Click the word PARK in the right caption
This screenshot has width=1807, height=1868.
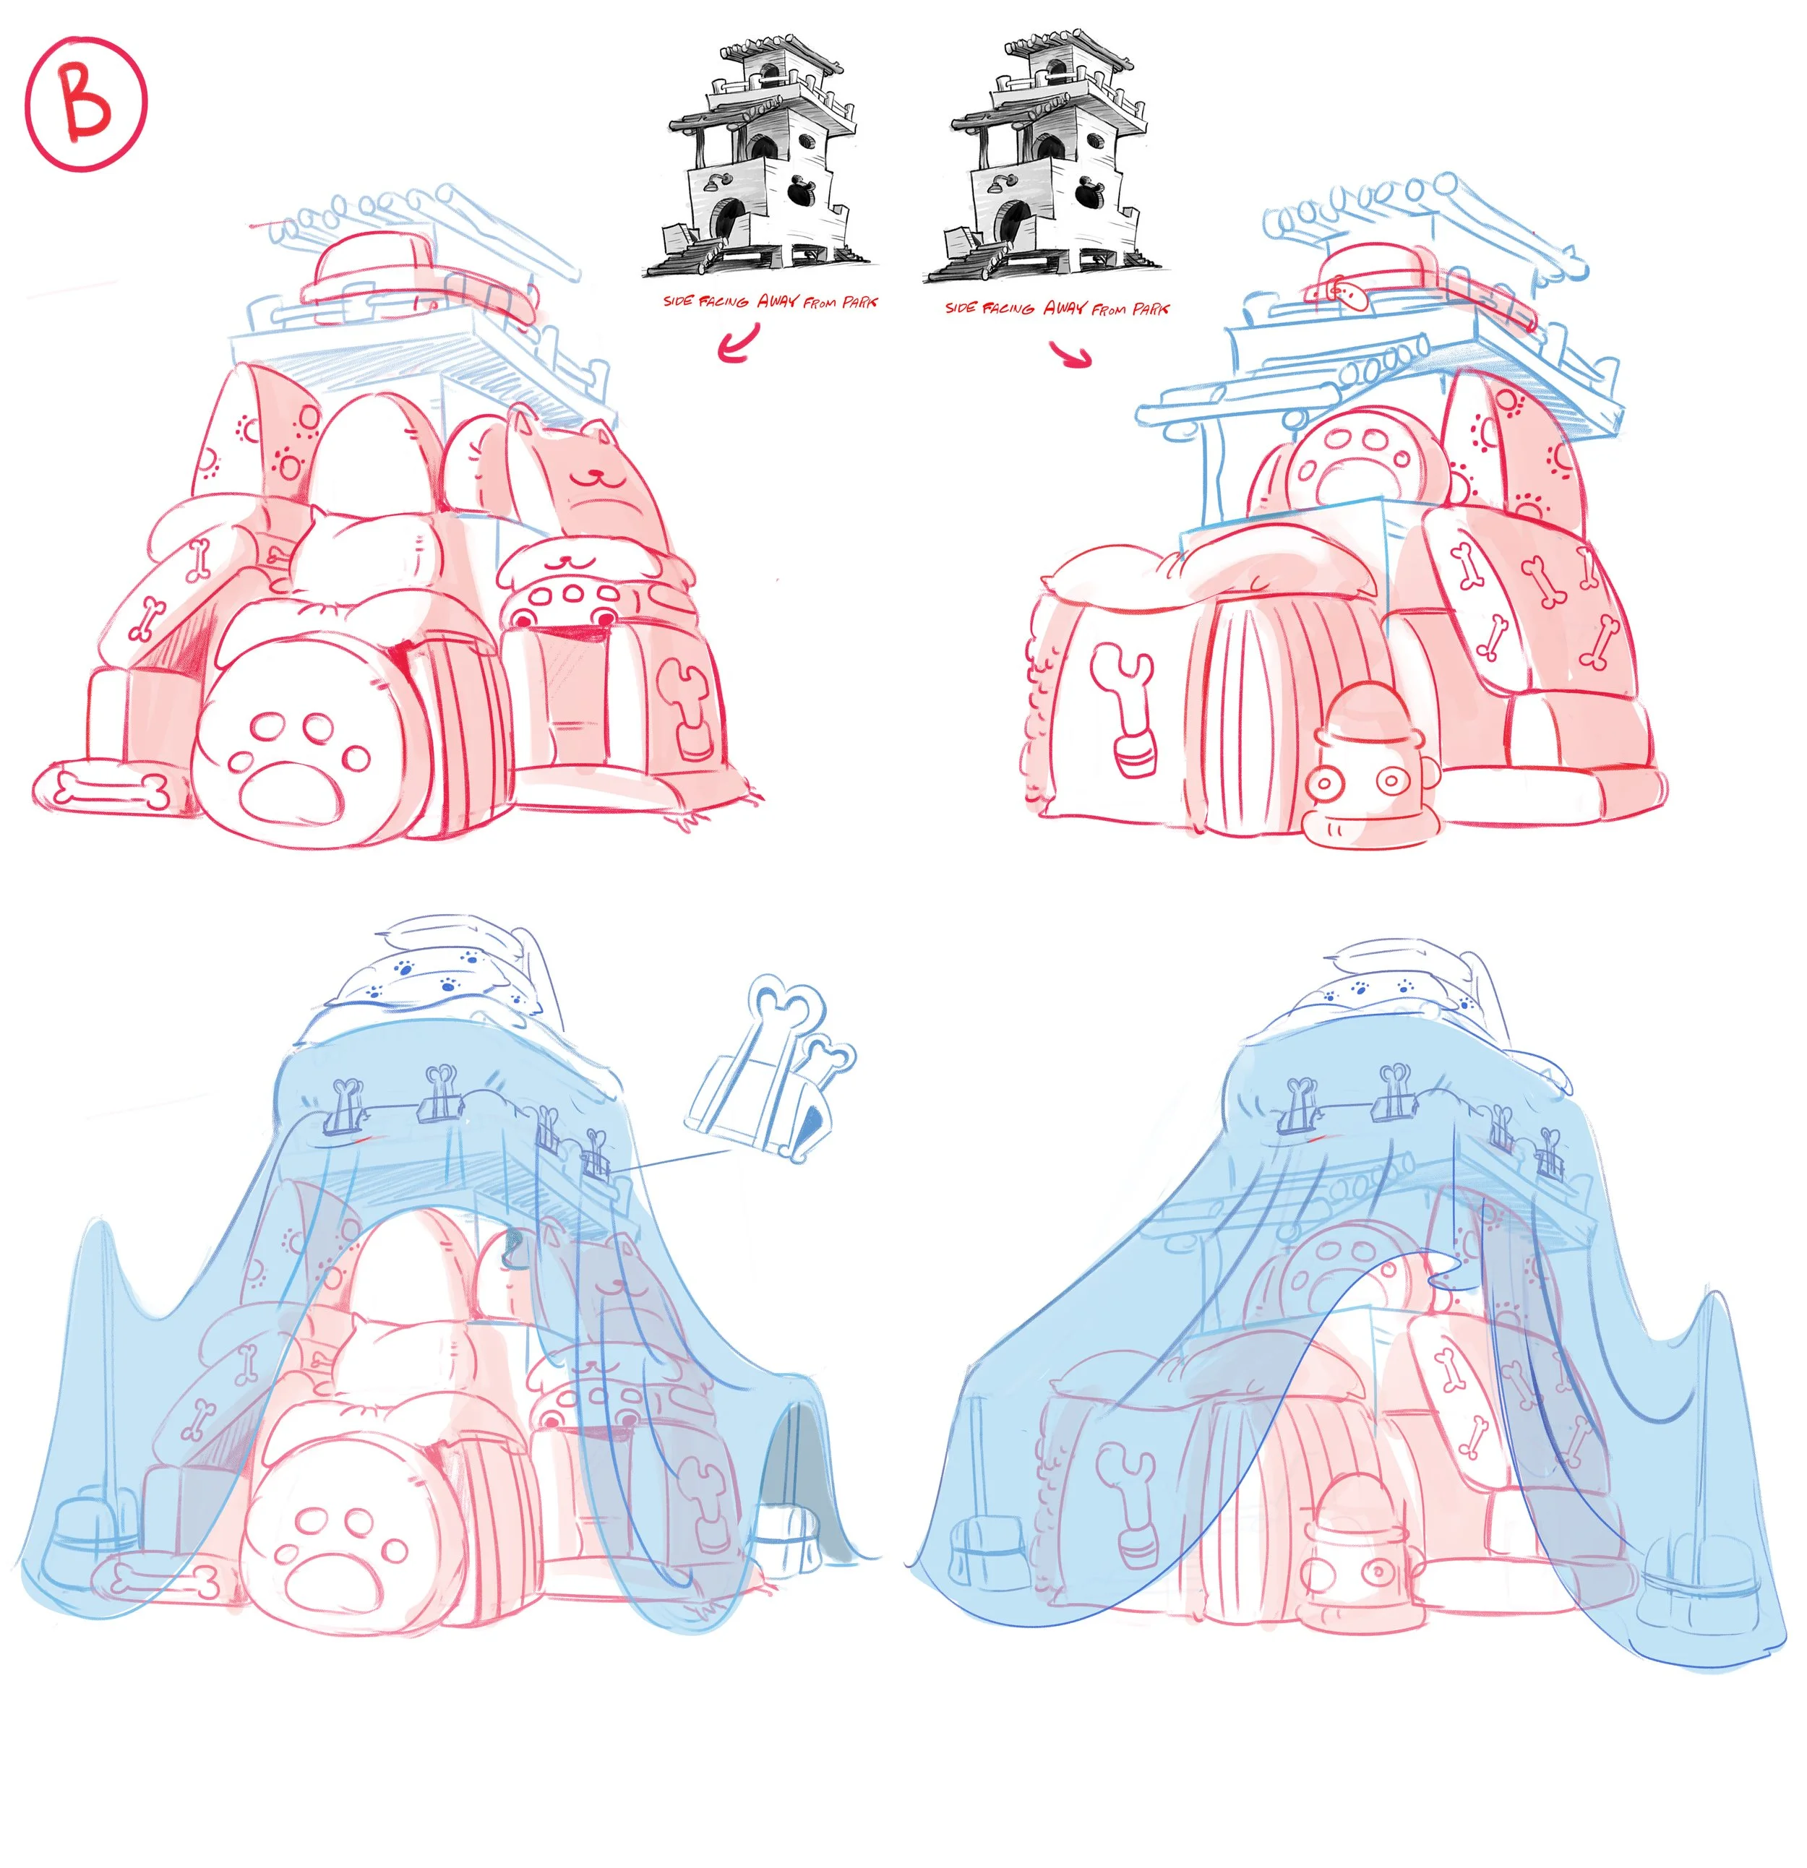pos(1151,309)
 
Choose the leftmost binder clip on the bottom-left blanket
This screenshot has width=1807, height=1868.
pos(345,1106)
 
